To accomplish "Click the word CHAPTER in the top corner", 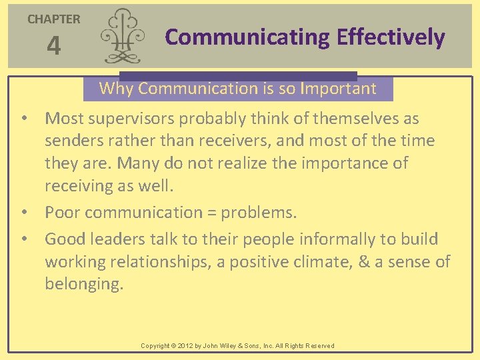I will pos(53,19).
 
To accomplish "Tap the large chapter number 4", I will pos(53,47).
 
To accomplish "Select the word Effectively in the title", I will pos(391,37).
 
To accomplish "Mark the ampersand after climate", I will pos(363,262).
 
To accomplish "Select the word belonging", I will pos(83,284).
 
